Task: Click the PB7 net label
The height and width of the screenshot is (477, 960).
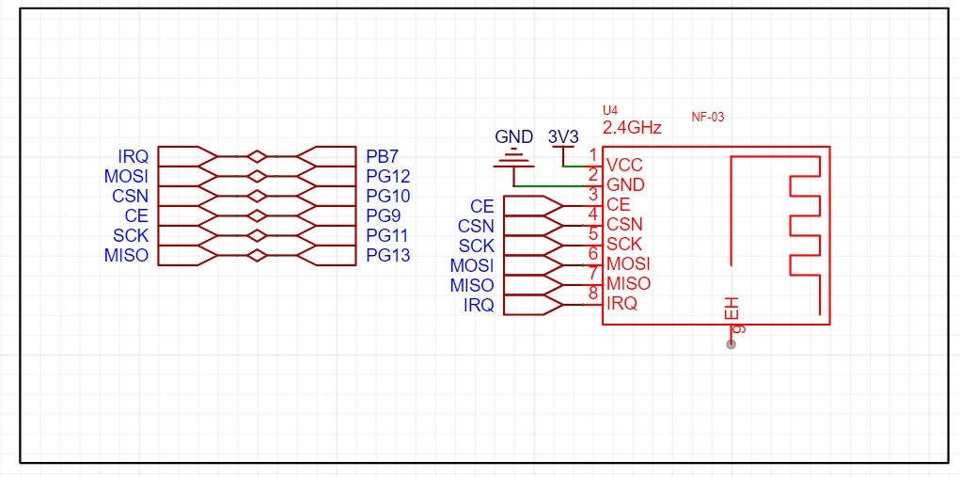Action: [x=382, y=156]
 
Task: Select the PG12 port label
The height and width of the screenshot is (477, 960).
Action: [x=387, y=176]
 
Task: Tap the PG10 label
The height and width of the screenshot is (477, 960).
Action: [x=387, y=196]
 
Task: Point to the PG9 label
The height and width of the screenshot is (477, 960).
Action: [x=384, y=215]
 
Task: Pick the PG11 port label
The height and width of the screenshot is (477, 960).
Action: [x=387, y=235]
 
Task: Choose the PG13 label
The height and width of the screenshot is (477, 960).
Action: [x=387, y=255]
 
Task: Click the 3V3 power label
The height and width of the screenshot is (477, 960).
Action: [x=563, y=136]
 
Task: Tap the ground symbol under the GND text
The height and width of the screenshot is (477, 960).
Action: [x=514, y=158]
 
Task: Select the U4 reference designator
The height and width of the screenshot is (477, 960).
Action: [x=610, y=111]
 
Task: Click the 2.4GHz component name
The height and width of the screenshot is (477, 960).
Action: [x=633, y=128]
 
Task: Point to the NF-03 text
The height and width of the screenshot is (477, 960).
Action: [x=708, y=117]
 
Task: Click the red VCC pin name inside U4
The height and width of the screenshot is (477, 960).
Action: [x=624, y=166]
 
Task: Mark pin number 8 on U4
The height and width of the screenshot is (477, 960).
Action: [x=592, y=293]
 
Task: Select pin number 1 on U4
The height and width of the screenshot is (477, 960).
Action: [x=592, y=155]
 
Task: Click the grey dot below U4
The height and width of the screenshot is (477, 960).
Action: [x=731, y=344]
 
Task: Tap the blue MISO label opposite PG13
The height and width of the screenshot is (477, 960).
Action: [x=126, y=255]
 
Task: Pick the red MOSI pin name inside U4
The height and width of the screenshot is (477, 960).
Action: [x=628, y=264]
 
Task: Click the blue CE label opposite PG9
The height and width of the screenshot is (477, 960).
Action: [x=136, y=215]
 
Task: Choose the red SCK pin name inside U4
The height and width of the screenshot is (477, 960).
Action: [x=624, y=245]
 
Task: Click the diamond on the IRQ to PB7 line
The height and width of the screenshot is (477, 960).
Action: [x=257, y=157]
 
